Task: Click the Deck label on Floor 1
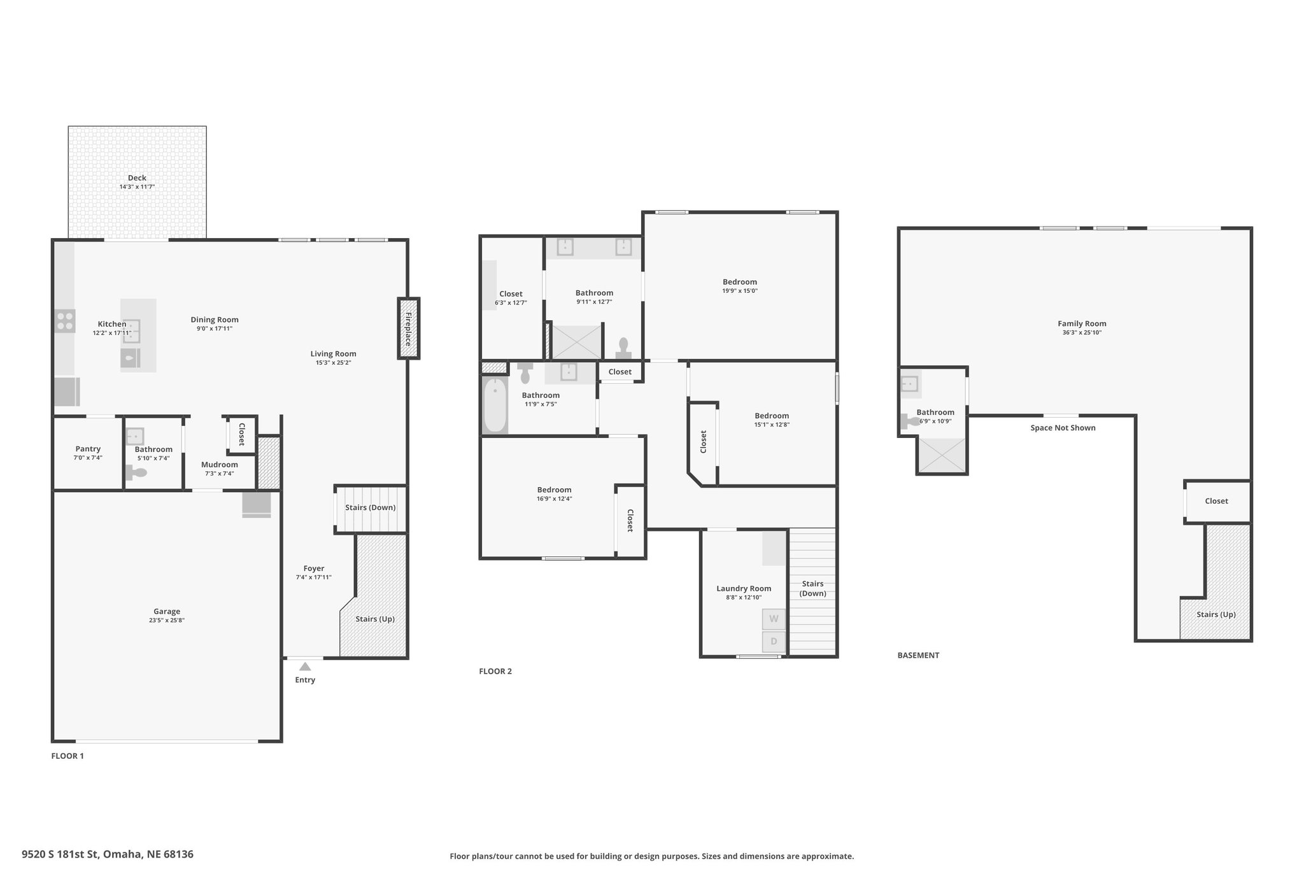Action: point(137,178)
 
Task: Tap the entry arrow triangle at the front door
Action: point(305,667)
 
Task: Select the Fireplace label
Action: point(408,329)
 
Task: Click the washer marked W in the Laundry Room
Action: point(774,619)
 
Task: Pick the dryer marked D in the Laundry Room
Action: point(774,641)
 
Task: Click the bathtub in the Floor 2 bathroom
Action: point(495,406)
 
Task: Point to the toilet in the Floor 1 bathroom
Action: point(136,472)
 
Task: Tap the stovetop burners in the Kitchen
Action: point(64,320)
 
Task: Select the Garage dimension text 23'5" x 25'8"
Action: point(167,620)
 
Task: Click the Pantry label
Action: point(88,449)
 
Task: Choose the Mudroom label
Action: point(220,465)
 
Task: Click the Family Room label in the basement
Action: point(1082,323)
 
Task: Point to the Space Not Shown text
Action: point(1063,428)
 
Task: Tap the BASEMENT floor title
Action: point(918,655)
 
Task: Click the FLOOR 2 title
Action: point(495,671)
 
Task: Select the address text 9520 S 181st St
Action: point(60,854)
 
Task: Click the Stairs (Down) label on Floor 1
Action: point(371,507)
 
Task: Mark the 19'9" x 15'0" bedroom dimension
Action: point(740,291)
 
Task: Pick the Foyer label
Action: point(314,569)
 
